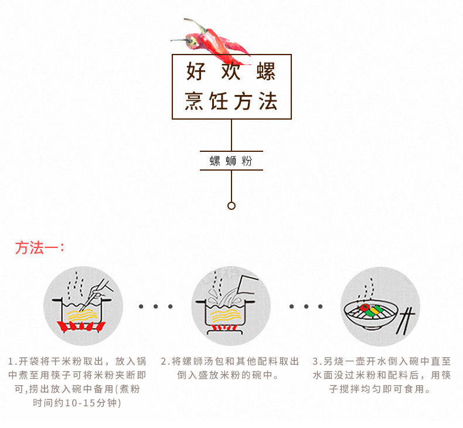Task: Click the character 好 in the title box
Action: [196, 71]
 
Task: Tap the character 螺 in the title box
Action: [266, 71]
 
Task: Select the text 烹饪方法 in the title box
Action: [231, 101]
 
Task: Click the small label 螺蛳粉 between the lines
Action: [231, 161]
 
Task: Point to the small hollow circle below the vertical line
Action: [231, 206]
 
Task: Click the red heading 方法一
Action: [39, 248]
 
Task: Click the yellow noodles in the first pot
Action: [83, 315]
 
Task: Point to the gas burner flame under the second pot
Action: [224, 328]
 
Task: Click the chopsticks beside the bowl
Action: [405, 321]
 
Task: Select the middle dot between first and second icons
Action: [156, 307]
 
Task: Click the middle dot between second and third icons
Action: [306, 307]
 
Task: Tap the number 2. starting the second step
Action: [165, 361]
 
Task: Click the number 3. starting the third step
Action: [317, 361]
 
